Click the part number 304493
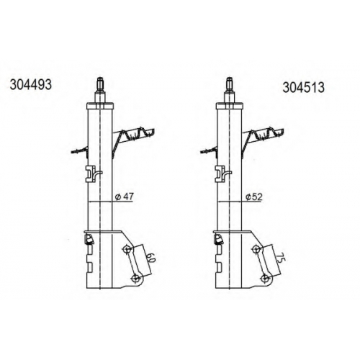point(31,85)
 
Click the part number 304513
point(303,87)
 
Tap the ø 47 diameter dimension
point(125,197)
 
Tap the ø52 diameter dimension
point(254,197)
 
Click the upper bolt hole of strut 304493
point(127,249)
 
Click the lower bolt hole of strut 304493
point(135,279)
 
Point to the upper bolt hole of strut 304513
point(256,249)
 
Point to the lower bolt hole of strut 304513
point(265,279)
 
